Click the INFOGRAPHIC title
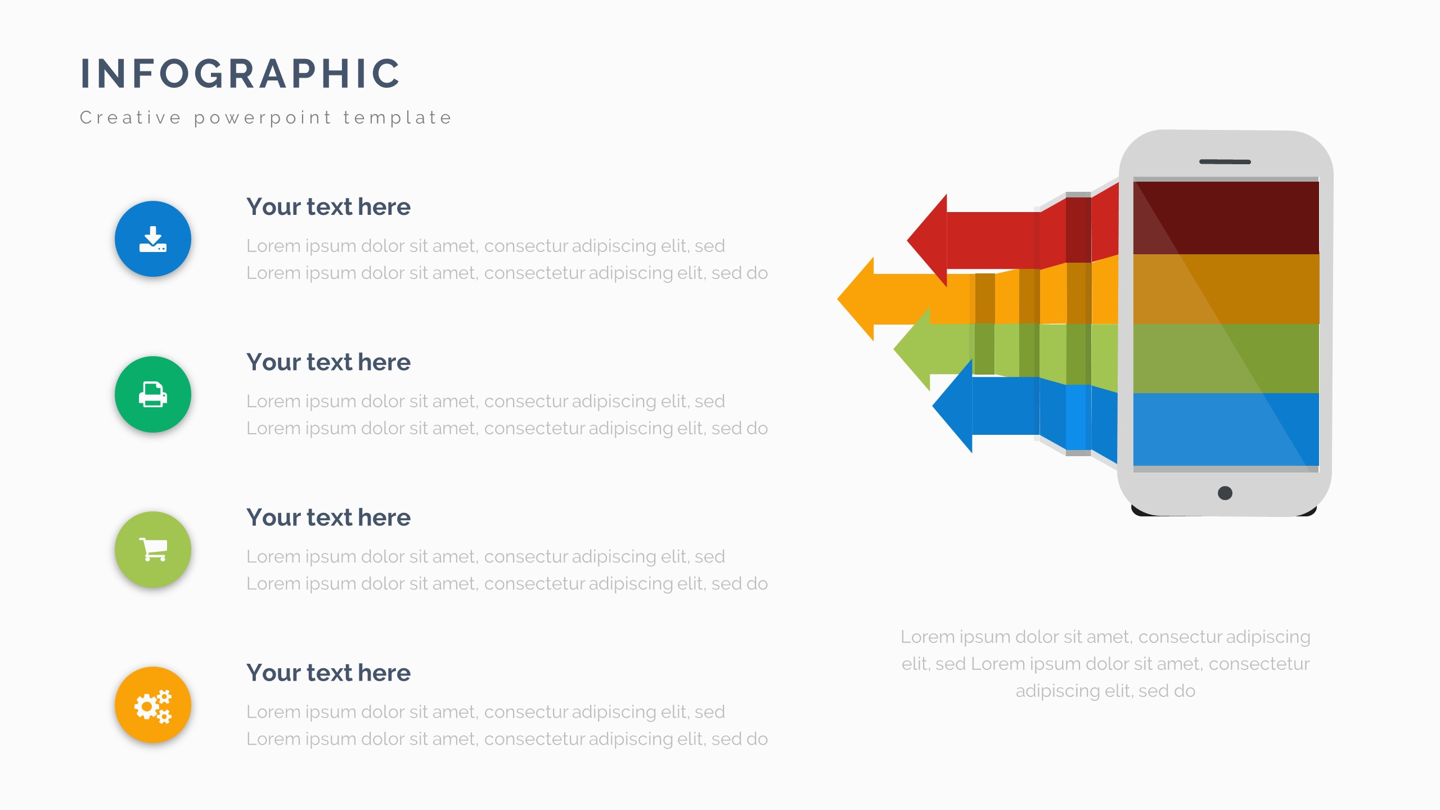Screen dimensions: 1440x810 tap(240, 73)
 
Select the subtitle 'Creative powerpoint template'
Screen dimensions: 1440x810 tap(266, 118)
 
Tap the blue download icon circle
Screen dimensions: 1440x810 tap(153, 239)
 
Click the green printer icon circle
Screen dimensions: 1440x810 tap(153, 394)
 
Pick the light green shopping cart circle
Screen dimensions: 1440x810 tap(153, 550)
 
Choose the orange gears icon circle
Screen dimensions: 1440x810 tap(153, 705)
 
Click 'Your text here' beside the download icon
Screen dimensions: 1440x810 tap(328, 207)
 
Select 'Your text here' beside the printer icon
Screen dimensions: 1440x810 tap(328, 362)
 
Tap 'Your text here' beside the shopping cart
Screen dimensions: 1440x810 tap(328, 517)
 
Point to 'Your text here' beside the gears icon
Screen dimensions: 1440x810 tap(328, 673)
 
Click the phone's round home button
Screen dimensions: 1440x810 tap(1225, 493)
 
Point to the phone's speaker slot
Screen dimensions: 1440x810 tap(1225, 162)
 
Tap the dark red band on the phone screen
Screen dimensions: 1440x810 tap(1226, 218)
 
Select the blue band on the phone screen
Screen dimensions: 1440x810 tap(1226, 430)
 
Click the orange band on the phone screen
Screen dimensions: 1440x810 tap(1226, 289)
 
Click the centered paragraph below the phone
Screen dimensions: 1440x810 tap(1105, 664)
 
